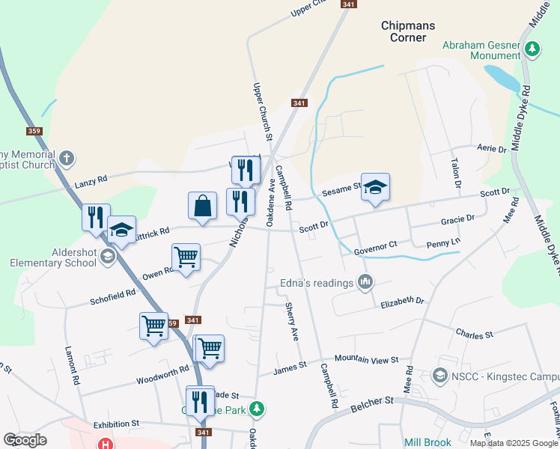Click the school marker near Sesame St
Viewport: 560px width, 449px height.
pyautogui.click(x=375, y=187)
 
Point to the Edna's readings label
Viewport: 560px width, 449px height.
pyautogui.click(x=316, y=283)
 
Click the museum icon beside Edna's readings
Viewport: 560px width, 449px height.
pyautogui.click(x=365, y=282)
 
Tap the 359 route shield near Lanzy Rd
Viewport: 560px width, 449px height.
pyautogui.click(x=34, y=132)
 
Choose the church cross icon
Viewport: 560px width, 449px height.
pyautogui.click(x=67, y=158)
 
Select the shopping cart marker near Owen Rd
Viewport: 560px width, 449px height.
pyautogui.click(x=186, y=257)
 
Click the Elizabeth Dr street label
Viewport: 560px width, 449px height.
pyautogui.click(x=402, y=301)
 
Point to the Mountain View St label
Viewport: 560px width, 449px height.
pyautogui.click(x=366, y=360)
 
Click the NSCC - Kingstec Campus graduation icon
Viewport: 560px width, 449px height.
pyautogui.click(x=441, y=374)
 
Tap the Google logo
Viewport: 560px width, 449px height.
pyautogui.click(x=25, y=439)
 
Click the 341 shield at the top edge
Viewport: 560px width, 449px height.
pyautogui.click(x=347, y=4)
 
